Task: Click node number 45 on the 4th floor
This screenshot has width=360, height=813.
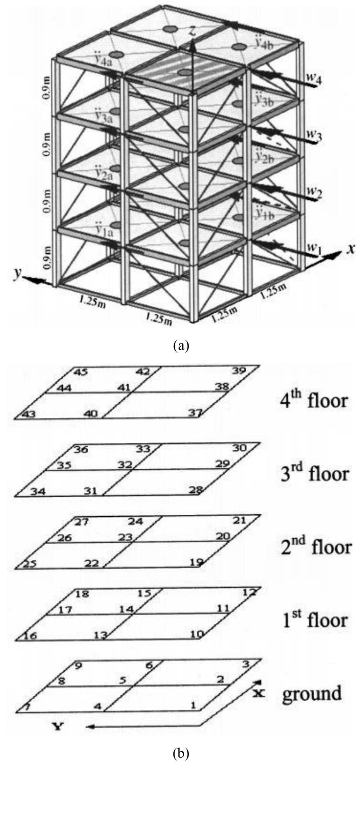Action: point(81,372)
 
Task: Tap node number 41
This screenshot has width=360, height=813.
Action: point(123,388)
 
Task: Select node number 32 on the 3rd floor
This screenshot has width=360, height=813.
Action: point(125,465)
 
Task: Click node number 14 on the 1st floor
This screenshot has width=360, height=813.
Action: point(126,609)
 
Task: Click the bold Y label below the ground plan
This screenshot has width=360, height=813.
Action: point(57,727)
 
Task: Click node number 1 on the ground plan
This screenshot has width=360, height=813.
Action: point(193,705)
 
